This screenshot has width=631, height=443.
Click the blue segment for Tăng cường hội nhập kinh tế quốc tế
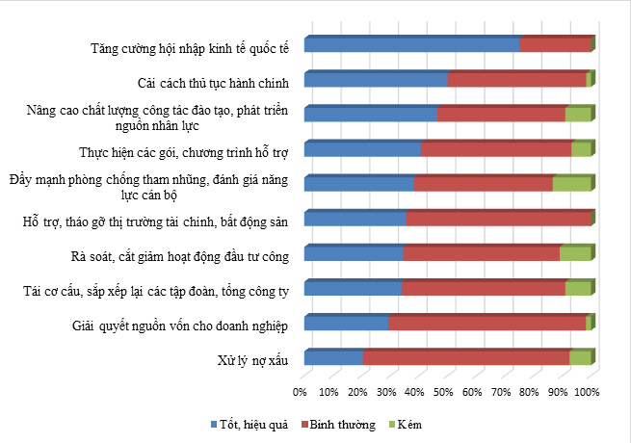tap(412, 44)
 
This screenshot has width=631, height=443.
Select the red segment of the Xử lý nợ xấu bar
tap(466, 358)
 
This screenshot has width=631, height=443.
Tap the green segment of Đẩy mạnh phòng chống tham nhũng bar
tap(571, 184)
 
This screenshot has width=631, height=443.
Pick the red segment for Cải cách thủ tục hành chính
tap(516, 80)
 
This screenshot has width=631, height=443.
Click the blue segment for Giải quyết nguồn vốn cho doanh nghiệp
tap(347, 324)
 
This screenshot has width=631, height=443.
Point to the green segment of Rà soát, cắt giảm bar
tap(575, 254)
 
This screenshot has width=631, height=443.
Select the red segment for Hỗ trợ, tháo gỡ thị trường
tap(498, 220)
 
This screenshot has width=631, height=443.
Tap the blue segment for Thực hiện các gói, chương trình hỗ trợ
tap(363, 149)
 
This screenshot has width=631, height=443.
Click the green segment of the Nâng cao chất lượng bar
tap(578, 115)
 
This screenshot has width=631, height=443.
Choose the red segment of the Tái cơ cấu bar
tap(484, 289)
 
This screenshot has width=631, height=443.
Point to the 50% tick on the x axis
tap(443, 392)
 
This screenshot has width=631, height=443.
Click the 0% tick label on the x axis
tap(300, 392)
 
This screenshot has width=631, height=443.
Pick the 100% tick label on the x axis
tap(587, 392)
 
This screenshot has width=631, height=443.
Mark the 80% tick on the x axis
tap(530, 392)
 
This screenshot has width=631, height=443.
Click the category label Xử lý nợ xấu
tap(253, 361)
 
